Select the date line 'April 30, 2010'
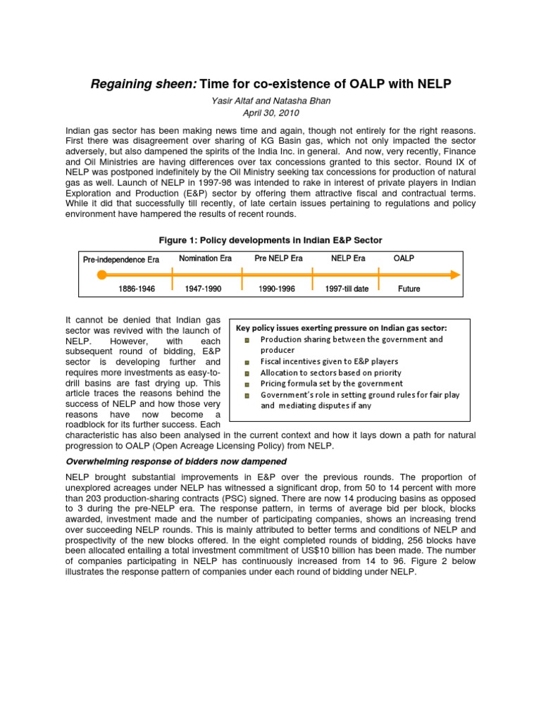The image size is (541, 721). click(270, 113)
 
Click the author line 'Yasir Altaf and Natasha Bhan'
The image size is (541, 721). click(270, 101)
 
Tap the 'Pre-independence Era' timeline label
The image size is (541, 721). click(121, 260)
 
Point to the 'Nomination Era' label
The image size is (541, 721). click(205, 258)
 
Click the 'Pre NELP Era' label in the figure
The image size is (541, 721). click(278, 258)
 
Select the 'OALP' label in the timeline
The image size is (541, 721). click(404, 258)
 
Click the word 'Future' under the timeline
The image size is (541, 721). click(409, 289)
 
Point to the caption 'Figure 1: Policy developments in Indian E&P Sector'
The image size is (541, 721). click(270, 241)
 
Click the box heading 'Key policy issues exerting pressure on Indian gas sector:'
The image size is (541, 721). click(341, 327)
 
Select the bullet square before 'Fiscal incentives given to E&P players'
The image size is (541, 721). click(247, 362)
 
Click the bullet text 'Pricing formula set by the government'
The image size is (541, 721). click(332, 384)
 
